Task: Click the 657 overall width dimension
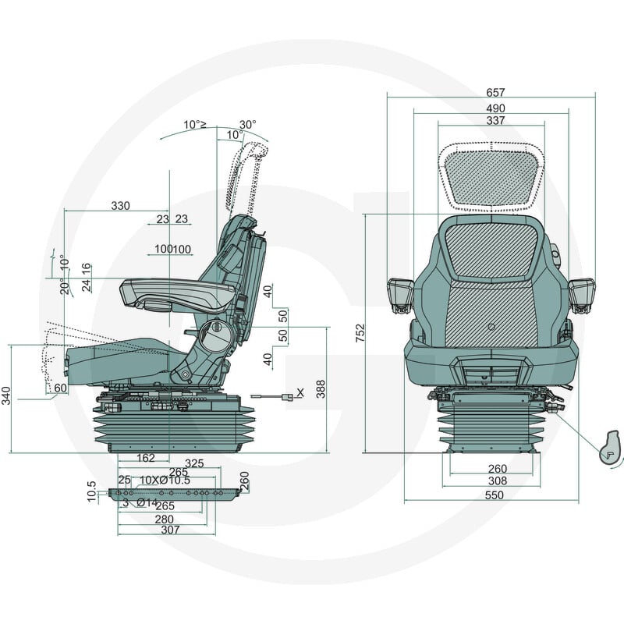pos(495,92)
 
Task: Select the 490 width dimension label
pos(495,108)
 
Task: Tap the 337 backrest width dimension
pos(495,120)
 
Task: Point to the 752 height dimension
pos(360,334)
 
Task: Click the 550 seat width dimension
pos(495,495)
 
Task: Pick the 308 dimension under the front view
pos(498,481)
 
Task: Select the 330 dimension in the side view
pos(120,206)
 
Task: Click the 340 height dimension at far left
pos(6,395)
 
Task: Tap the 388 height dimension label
pos(321,389)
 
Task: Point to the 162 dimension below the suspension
pos(146,458)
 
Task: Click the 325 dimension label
pos(194,463)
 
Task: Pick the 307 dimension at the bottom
pos(170,530)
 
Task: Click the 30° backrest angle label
pos(247,125)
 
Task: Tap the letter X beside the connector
pos(300,393)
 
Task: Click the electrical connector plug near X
pos(287,397)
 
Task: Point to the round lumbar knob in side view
pos(215,335)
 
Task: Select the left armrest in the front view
pos(401,295)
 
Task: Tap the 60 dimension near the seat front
pos(60,388)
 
